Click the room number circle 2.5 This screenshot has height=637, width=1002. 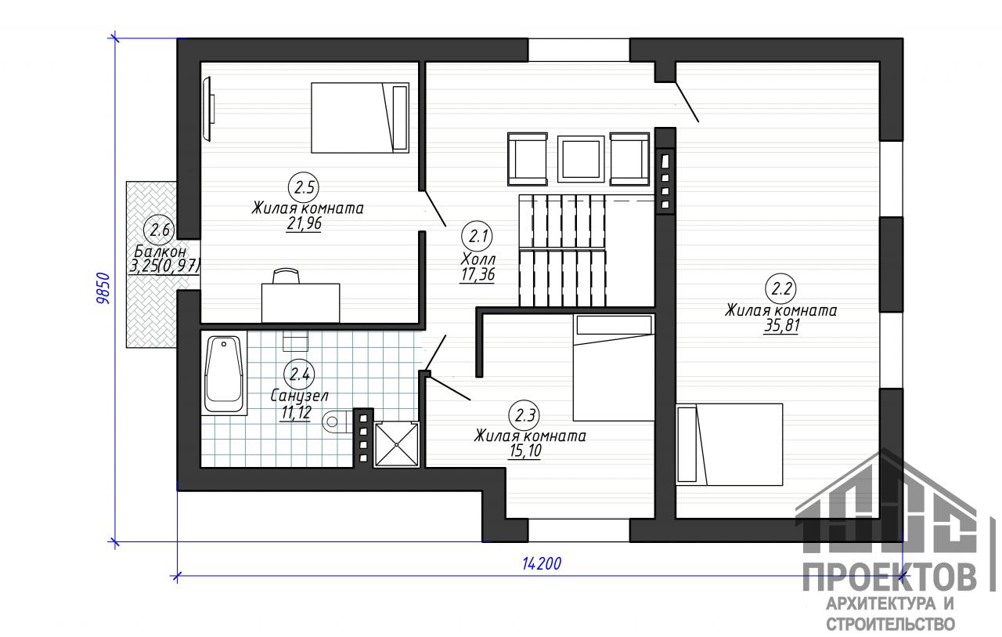tap(305, 187)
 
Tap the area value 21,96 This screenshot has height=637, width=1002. tap(305, 223)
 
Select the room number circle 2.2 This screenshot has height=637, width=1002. tap(781, 289)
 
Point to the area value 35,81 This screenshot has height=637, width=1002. tap(781, 325)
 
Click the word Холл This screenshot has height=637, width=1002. tap(478, 259)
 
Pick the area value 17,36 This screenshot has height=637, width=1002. tap(478, 274)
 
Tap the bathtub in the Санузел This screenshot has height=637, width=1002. tap(224, 373)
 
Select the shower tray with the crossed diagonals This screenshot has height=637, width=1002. tap(397, 444)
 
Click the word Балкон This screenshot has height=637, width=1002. tap(160, 252)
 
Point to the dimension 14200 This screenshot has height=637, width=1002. tap(542, 564)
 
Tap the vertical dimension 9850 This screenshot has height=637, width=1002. tap(103, 288)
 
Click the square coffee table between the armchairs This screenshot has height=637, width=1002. tap(581, 159)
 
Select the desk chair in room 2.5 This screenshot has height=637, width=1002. tap(287, 276)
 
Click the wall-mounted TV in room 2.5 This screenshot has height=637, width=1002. tap(208, 109)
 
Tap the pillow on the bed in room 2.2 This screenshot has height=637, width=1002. tap(687, 443)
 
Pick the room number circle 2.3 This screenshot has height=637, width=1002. tap(524, 415)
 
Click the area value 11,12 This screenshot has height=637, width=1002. tap(296, 413)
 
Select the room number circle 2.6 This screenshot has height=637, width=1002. tap(158, 230)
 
